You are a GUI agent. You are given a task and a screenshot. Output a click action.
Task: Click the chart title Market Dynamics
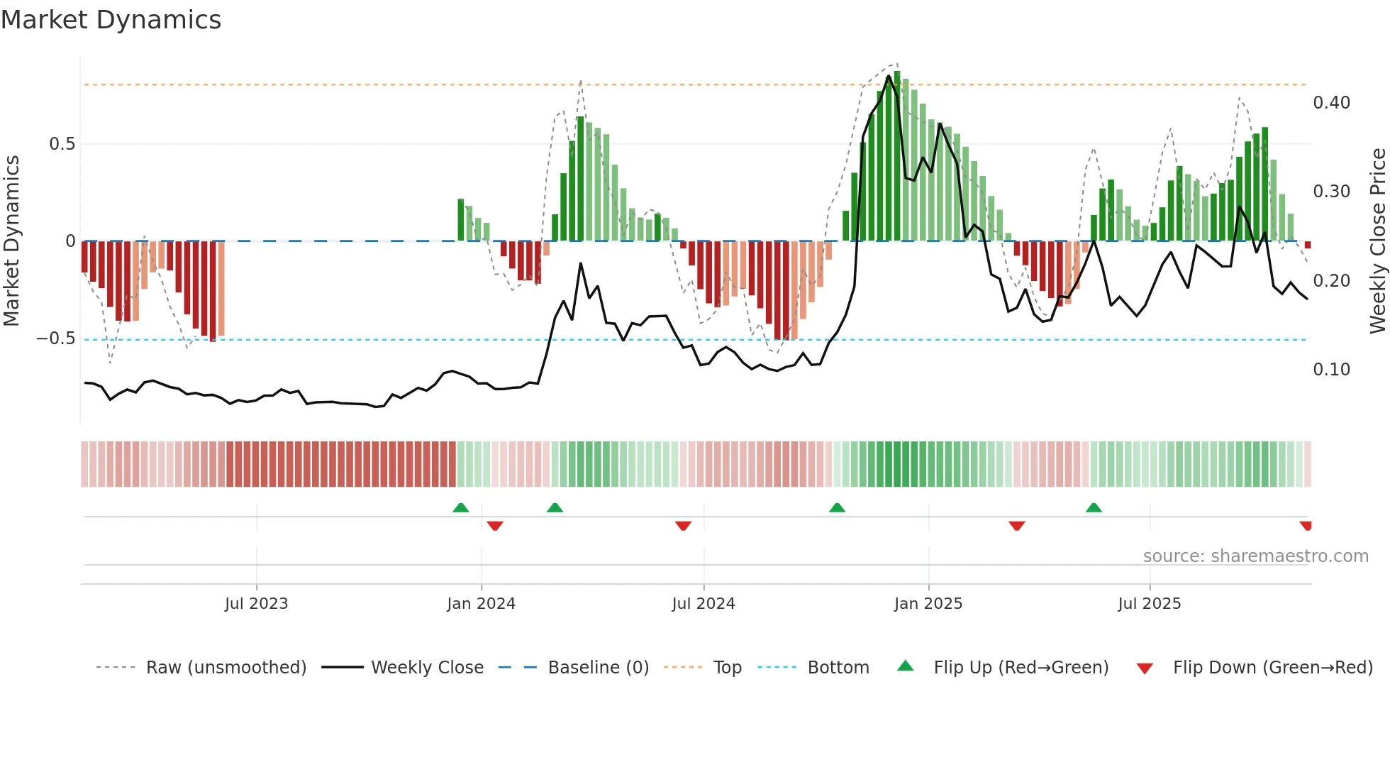click(111, 20)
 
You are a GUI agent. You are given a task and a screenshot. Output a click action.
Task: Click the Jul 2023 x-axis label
click(256, 604)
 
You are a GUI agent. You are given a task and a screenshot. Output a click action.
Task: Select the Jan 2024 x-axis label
click(481, 604)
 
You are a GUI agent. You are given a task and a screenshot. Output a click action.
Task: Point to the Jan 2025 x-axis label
click(928, 604)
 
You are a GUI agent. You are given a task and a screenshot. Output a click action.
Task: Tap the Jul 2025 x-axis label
click(1149, 604)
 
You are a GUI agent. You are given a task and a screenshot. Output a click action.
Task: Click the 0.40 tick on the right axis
click(1331, 103)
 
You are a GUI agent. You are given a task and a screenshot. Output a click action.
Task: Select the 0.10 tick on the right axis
click(1331, 370)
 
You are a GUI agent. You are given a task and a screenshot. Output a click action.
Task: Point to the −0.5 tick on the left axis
click(56, 338)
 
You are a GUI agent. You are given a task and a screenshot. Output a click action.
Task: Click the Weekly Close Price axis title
click(1377, 241)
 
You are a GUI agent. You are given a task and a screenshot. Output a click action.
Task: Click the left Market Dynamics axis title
click(12, 241)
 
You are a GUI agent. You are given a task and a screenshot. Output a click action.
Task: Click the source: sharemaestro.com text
click(1255, 556)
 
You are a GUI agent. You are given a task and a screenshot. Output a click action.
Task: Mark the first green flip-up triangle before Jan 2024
click(461, 507)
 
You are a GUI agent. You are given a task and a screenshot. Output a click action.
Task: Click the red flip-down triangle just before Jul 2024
click(683, 526)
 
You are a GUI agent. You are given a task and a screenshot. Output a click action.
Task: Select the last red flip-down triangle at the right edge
click(1306, 526)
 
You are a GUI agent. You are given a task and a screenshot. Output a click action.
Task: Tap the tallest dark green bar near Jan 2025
click(897, 156)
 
